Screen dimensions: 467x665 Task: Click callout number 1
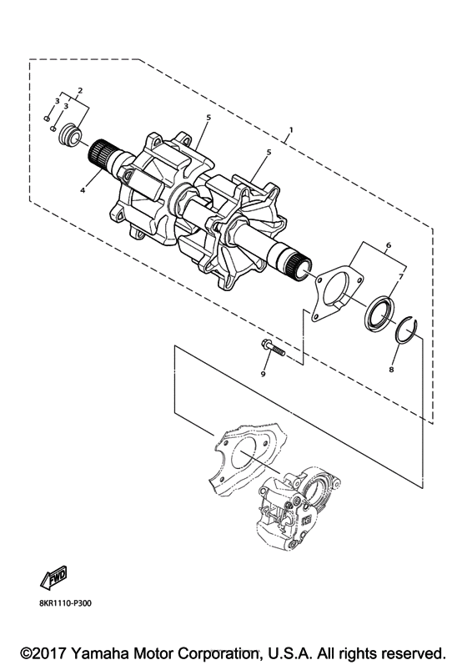[x=291, y=128]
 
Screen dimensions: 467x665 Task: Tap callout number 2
[x=80, y=90]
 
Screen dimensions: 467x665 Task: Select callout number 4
[x=83, y=191]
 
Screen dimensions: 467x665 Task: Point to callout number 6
[x=389, y=245]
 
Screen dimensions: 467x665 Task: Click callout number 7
[x=401, y=276]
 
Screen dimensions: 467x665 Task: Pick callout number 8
[x=391, y=370]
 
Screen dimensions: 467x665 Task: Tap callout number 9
[x=263, y=374]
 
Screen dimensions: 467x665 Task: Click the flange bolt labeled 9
[x=270, y=349]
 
